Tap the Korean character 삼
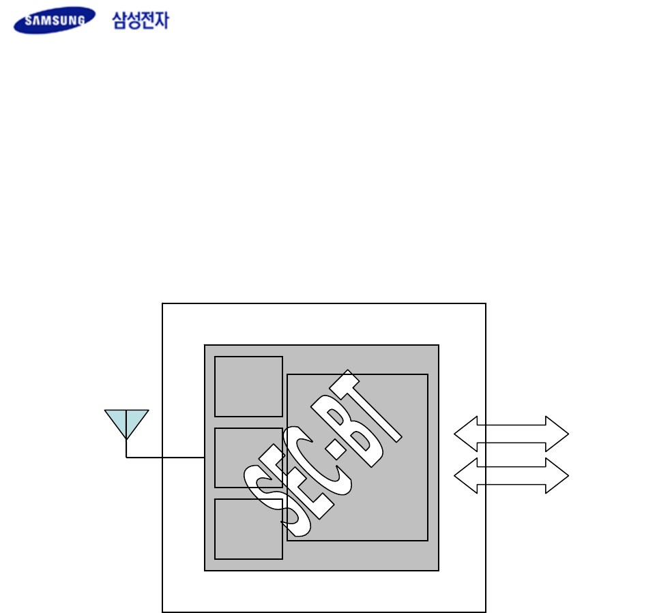[x=119, y=20]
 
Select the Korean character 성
[x=134, y=20]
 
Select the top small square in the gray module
[x=248, y=386]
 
